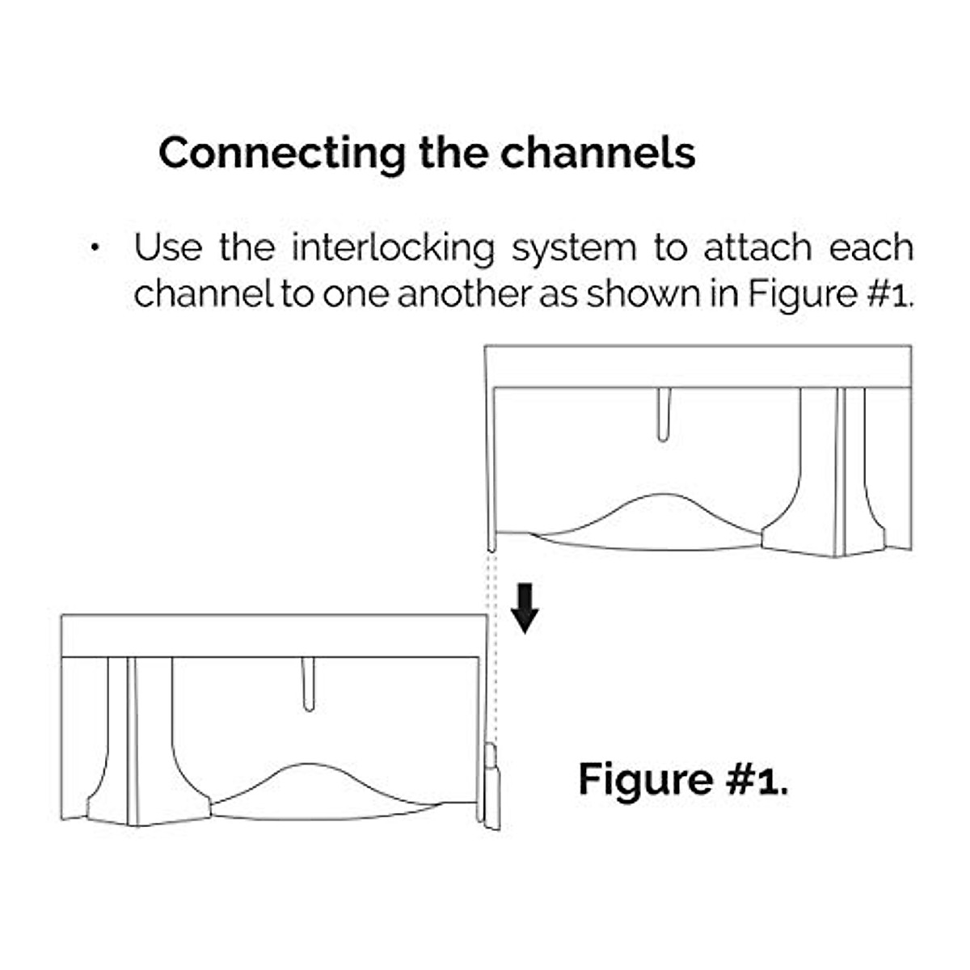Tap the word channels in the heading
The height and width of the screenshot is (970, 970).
point(597,153)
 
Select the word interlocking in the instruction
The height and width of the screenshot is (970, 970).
point(393,248)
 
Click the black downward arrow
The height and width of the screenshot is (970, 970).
point(525,608)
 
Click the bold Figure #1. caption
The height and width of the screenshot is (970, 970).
point(683,779)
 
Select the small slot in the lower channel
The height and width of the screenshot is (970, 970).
point(308,684)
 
